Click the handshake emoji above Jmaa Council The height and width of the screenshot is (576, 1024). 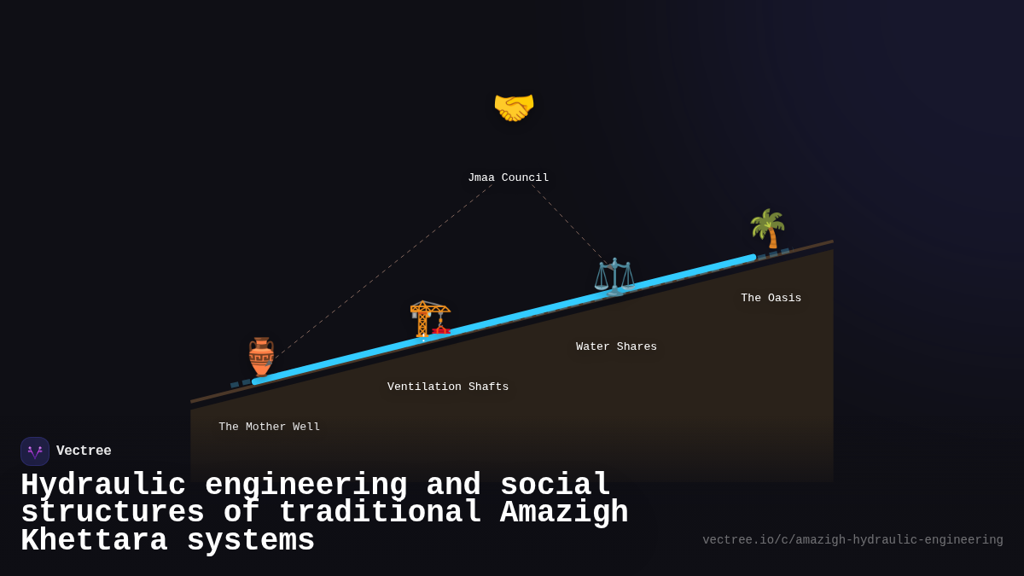[x=514, y=108]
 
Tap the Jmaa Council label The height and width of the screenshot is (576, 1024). [x=508, y=177]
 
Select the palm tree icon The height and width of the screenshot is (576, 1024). [x=767, y=228]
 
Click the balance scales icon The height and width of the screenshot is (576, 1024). [x=614, y=276]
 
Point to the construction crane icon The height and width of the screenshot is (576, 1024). [x=429, y=319]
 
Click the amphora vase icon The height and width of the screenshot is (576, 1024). [x=261, y=356]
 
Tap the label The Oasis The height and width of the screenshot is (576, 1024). [x=771, y=298]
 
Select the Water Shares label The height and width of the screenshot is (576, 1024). [x=616, y=346]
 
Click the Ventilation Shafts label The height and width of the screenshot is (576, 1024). [x=447, y=387]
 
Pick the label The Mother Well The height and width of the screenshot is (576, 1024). [x=269, y=427]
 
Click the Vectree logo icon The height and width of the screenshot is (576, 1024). [x=35, y=451]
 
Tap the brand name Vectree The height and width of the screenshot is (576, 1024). [x=84, y=451]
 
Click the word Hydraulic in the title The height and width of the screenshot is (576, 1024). [x=102, y=486]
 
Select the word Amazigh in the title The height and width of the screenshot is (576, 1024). [x=563, y=513]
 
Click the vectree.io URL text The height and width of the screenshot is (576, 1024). [x=852, y=540]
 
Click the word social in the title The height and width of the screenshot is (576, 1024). [x=555, y=486]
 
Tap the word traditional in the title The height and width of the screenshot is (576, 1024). [x=380, y=513]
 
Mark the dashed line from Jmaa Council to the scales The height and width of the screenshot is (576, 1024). [x=569, y=223]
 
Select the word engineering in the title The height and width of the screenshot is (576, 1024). [x=305, y=486]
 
